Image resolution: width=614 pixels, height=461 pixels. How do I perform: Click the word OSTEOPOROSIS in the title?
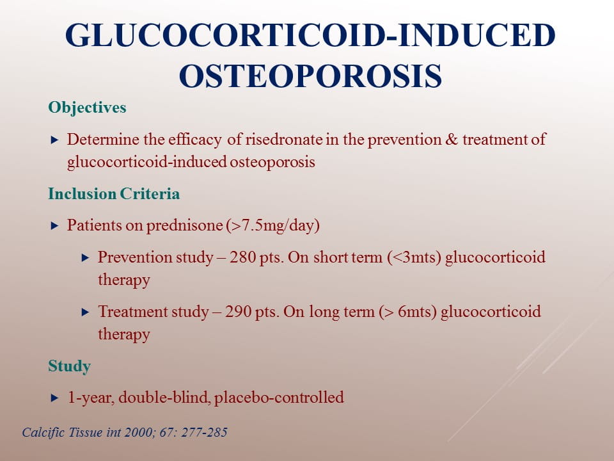click(311, 76)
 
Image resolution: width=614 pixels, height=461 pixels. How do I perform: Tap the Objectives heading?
click(88, 108)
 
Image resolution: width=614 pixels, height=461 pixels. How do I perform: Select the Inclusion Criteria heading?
click(114, 193)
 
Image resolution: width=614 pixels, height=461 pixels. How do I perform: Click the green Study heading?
click(69, 366)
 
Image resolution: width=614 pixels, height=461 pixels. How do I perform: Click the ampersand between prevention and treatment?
click(452, 140)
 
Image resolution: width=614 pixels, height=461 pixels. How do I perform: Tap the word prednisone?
click(184, 226)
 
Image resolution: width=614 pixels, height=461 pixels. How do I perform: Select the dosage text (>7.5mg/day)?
click(273, 226)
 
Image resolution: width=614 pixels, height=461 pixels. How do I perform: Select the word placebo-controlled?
click(279, 397)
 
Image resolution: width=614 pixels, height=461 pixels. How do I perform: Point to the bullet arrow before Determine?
click(55, 140)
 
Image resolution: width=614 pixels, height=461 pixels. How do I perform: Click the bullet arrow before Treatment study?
click(85, 312)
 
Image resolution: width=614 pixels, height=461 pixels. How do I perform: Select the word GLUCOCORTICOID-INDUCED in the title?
click(310, 35)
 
